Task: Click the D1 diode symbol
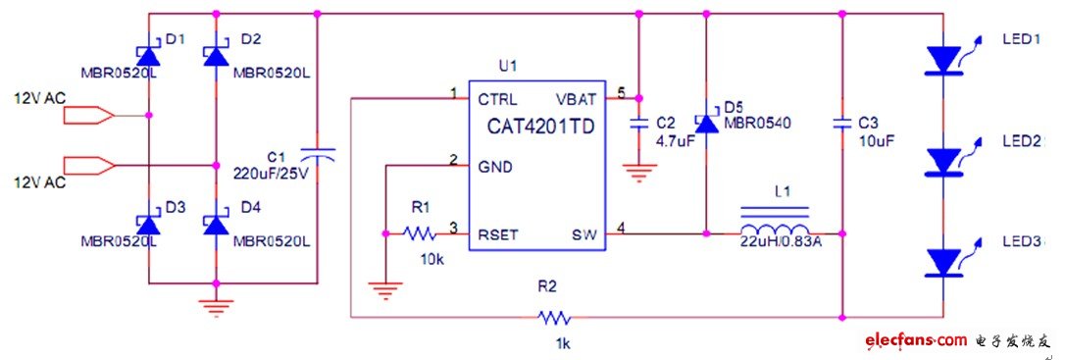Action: tap(148, 57)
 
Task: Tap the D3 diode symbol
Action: tap(148, 225)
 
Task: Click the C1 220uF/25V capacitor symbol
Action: tap(317, 154)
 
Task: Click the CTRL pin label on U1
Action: tap(498, 99)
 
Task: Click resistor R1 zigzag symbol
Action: tap(419, 233)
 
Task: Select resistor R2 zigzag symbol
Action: tap(552, 317)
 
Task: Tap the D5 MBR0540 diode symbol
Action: tap(706, 123)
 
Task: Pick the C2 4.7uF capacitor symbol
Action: tap(638, 125)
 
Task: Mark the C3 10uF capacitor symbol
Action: tap(841, 125)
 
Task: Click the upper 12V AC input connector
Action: tap(88, 116)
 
